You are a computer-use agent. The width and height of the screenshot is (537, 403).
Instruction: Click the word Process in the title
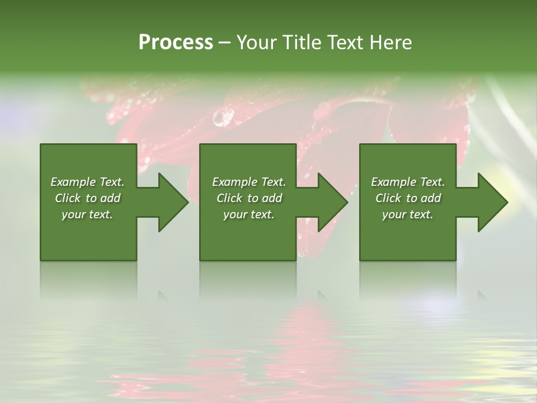tap(176, 43)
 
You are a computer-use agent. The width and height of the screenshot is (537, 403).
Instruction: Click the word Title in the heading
tap(299, 43)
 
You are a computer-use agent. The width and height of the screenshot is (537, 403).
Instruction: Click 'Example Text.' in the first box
tap(87, 182)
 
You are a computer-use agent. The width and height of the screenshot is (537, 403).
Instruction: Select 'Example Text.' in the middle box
tap(248, 182)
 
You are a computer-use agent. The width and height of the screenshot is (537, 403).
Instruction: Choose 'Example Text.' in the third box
tap(408, 182)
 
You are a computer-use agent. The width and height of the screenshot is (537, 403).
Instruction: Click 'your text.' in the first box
tap(87, 214)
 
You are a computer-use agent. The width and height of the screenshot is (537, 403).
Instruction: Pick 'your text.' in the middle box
tap(248, 214)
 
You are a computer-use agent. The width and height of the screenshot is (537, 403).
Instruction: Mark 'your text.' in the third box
tap(408, 214)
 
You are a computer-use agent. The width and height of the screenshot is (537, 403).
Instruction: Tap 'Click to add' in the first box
tap(87, 198)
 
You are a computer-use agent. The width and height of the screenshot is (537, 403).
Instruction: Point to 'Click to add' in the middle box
tap(248, 198)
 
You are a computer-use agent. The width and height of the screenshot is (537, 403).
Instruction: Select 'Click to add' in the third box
tap(408, 198)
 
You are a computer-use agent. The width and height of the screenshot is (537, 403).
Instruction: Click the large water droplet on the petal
tap(223, 117)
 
